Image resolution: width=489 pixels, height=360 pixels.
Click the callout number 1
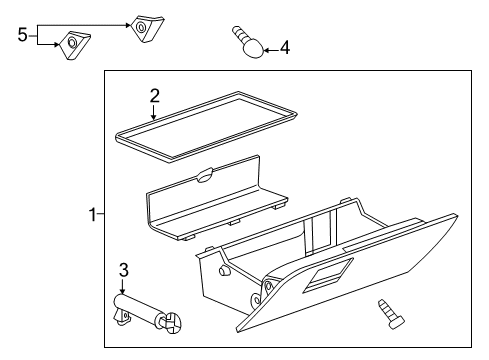coord(91,213)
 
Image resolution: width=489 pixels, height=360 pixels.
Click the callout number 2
coord(154,96)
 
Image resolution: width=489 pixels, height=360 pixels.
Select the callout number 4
coord(285,46)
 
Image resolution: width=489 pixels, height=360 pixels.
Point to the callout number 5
coord(22,36)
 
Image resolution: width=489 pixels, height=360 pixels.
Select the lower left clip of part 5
coord(73,45)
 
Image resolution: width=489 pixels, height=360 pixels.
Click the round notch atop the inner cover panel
coord(204,177)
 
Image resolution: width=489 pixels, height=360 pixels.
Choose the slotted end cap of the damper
coord(169,321)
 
